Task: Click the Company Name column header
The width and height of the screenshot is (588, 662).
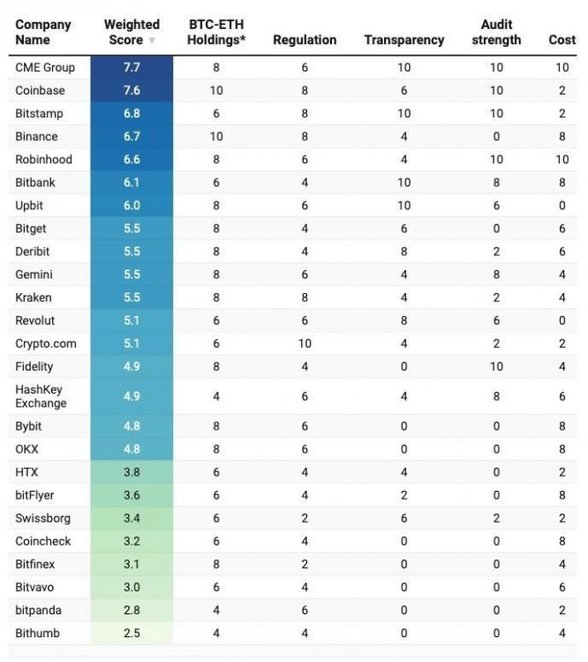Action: pyautogui.click(x=43, y=32)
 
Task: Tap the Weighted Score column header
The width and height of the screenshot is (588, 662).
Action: pyautogui.click(x=132, y=32)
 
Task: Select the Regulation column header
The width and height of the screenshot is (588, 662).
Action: pyautogui.click(x=305, y=40)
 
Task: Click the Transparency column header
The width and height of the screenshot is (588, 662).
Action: pyautogui.click(x=403, y=40)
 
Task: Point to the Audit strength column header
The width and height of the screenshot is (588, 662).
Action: pyautogui.click(x=496, y=32)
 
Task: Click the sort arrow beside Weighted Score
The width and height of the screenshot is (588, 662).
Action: pyautogui.click(x=152, y=41)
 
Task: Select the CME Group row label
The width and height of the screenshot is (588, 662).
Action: pyautogui.click(x=45, y=67)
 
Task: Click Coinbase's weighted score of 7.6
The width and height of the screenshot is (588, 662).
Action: pyautogui.click(x=132, y=90)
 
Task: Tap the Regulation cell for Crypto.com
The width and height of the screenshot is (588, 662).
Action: pyautogui.click(x=305, y=343)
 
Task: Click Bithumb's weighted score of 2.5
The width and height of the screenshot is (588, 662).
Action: pyautogui.click(x=132, y=633)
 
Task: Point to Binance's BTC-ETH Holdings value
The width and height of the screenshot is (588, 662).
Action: pyautogui.click(x=216, y=136)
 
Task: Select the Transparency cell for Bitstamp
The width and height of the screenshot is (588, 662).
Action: pyautogui.click(x=403, y=113)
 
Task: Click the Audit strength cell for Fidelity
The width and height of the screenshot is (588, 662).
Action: pyautogui.click(x=496, y=366)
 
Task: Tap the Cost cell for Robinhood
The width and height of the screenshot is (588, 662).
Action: pyautogui.click(x=562, y=159)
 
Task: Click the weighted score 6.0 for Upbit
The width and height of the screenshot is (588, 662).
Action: pyautogui.click(x=132, y=205)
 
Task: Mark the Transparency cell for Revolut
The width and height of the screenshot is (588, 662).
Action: pyautogui.click(x=403, y=320)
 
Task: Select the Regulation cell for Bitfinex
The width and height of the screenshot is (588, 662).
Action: pyautogui.click(x=305, y=564)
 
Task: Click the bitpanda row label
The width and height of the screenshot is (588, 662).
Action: pyautogui.click(x=40, y=610)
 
